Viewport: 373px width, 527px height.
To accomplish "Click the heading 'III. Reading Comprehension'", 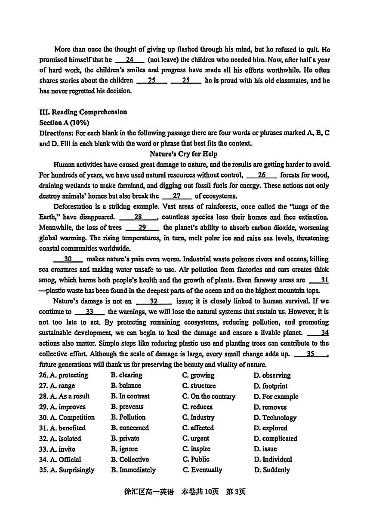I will (83, 112).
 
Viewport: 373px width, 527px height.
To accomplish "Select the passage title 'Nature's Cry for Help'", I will (184, 154).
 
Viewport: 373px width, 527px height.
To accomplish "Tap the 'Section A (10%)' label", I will (64, 123).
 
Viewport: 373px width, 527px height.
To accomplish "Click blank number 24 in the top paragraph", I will (129, 60).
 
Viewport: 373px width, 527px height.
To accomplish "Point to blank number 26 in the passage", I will (262, 175).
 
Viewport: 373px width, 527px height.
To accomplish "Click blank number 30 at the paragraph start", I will (68, 259).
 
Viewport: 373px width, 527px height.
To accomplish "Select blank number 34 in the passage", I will (318, 333).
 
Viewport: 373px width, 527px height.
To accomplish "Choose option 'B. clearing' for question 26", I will (126, 375).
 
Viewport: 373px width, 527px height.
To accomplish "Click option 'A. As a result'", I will (64, 396).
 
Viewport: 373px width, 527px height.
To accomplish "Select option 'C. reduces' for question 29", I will (197, 407).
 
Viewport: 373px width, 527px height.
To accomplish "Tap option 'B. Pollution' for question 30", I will (128, 417).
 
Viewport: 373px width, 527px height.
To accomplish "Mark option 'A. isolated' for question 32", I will (60, 438).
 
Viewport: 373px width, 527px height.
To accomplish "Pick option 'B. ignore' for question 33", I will (124, 449).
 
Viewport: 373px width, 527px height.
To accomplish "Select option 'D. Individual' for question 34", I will (273, 460).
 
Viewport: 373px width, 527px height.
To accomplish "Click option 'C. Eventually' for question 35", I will (202, 470).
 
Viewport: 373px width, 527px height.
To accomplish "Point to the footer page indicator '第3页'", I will (236, 492).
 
